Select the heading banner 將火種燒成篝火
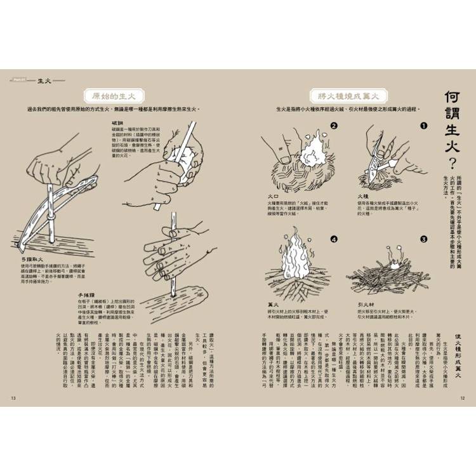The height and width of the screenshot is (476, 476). pyautogui.click(x=348, y=96)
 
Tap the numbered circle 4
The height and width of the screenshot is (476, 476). pyautogui.click(x=334, y=239)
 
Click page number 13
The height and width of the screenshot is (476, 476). pyautogui.click(x=13, y=398)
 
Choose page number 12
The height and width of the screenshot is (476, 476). pyautogui.click(x=463, y=398)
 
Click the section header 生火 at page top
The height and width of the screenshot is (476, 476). pyautogui.click(x=44, y=81)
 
